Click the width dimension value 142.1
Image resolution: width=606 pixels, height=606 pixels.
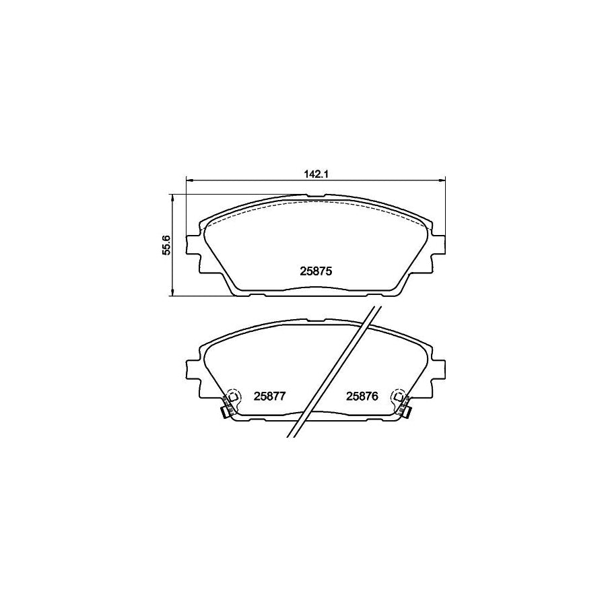pos(316,174)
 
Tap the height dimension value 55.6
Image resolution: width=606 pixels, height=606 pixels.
pos(166,246)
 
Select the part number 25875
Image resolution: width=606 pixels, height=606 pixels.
pos(316,272)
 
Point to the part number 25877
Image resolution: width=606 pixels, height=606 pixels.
pos(269,396)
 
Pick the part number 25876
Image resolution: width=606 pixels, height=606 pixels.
pos(362,396)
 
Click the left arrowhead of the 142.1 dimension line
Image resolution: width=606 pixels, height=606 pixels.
pos(189,180)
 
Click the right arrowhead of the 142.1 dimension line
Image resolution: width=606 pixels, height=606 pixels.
pos(442,180)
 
